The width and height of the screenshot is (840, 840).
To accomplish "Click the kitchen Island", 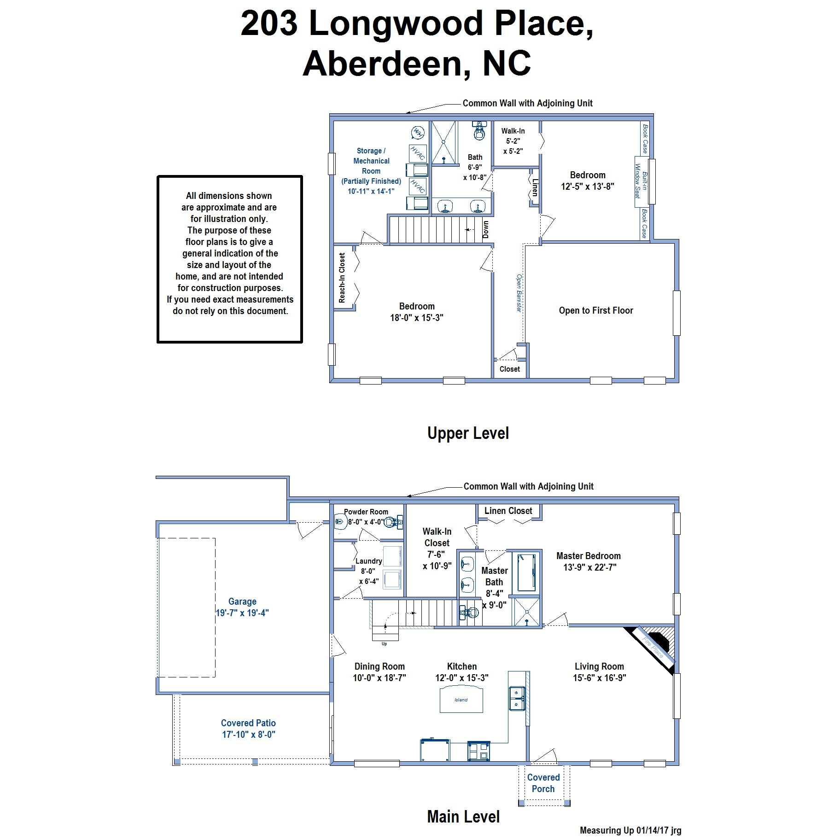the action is click(461, 699).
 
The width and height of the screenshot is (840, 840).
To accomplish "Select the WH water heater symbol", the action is click(418, 133).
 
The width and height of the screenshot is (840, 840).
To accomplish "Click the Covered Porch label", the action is click(543, 783).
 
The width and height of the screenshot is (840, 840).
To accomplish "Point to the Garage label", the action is click(242, 601).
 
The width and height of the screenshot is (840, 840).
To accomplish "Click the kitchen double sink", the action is click(517, 698).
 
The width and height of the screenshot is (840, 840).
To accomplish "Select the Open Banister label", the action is click(519, 293).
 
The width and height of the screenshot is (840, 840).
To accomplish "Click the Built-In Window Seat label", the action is click(641, 181).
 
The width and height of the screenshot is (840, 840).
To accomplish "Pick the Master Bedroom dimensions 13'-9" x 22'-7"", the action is click(589, 567).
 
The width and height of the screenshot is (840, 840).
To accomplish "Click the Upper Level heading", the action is click(468, 433).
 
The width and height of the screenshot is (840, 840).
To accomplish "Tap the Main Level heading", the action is click(463, 817).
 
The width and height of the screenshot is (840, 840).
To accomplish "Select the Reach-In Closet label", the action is click(342, 278).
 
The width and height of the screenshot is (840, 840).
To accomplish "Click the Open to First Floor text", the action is click(596, 310).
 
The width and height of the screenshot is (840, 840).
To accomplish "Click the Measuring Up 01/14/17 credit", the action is click(630, 830).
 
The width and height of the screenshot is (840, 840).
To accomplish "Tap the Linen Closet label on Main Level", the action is click(508, 511).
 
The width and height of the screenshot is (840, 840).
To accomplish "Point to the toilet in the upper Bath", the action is click(480, 131).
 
